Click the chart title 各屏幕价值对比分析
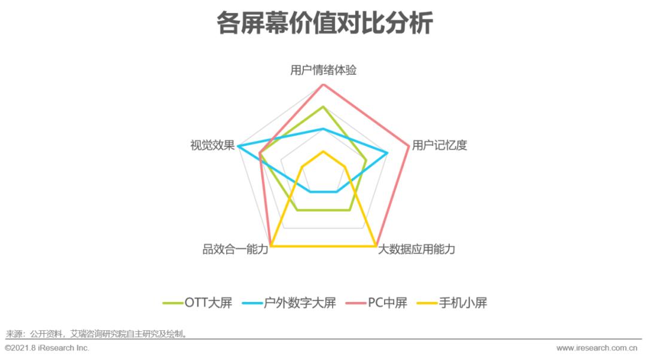tap(324, 24)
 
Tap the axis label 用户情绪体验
tap(323, 70)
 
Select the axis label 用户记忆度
tap(439, 145)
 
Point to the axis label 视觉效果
tap(212, 145)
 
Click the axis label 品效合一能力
tap(235, 249)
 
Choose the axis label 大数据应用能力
tap(416, 249)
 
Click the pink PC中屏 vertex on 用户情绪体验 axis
tap(323, 85)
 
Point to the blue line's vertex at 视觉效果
tap(237, 146)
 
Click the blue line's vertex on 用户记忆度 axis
tap(388, 153)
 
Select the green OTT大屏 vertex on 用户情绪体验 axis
tap(323, 107)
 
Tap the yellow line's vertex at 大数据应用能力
tap(376, 246)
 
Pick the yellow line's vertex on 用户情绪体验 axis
tap(323, 151)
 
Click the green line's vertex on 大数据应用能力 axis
tap(349, 210)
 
